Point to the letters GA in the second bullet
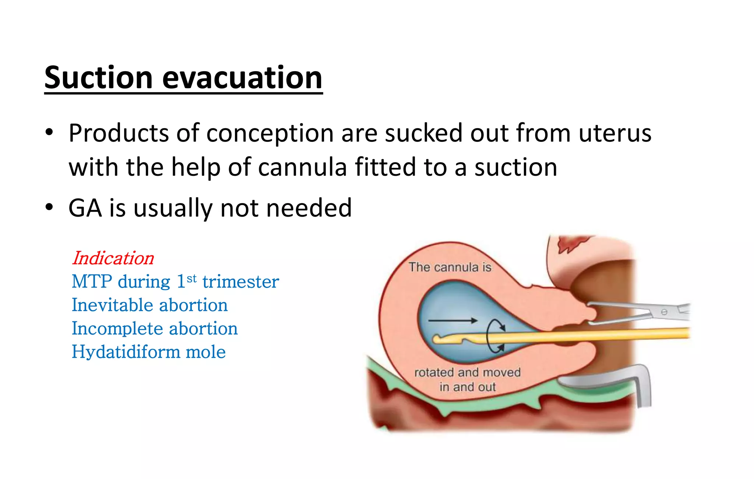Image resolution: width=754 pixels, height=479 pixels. click(x=85, y=208)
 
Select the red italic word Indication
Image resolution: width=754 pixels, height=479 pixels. click(x=113, y=258)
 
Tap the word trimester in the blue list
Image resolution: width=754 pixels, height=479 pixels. click(x=240, y=282)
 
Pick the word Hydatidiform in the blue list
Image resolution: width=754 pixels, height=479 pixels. click(x=125, y=352)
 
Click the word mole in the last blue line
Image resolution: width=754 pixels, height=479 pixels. click(x=205, y=352)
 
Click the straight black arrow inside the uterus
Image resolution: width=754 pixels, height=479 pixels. click(x=452, y=321)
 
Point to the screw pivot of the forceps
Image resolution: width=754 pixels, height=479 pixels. click(x=664, y=312)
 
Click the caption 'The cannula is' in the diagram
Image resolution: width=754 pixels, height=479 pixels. click(x=450, y=267)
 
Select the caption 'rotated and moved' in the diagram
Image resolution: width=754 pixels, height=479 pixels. click(x=467, y=373)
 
